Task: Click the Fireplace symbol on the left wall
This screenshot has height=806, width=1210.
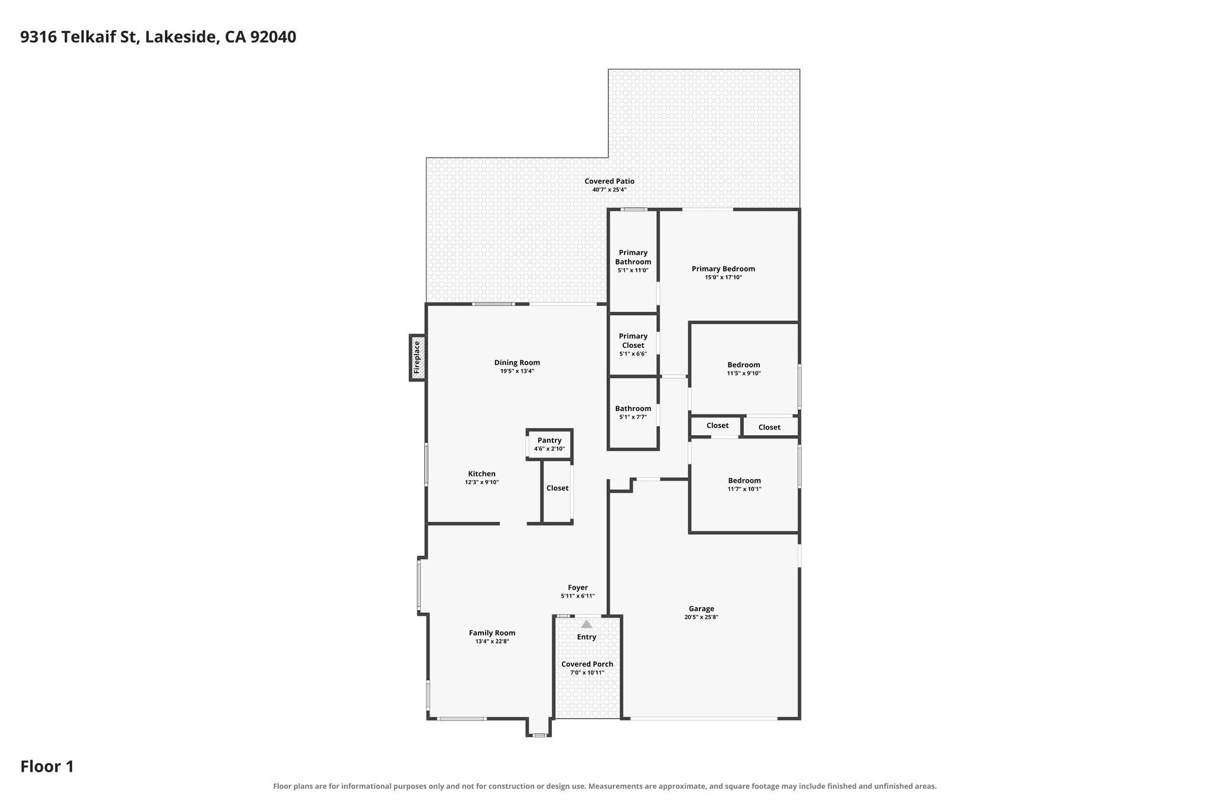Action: click(x=417, y=358)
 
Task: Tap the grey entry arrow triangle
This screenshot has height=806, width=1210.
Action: click(x=586, y=624)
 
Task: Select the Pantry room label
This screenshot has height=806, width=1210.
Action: click(x=549, y=440)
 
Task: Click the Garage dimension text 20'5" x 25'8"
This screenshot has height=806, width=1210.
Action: click(x=701, y=617)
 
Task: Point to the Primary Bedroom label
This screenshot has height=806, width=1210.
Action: click(x=723, y=269)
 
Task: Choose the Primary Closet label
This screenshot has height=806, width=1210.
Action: click(x=633, y=341)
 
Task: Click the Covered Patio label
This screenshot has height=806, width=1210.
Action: click(x=609, y=181)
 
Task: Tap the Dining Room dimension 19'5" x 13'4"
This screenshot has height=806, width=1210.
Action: click(x=517, y=371)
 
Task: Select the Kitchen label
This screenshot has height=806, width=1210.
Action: click(x=482, y=474)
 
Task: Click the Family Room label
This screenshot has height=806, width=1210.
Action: click(x=492, y=633)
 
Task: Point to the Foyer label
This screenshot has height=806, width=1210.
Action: click(x=578, y=588)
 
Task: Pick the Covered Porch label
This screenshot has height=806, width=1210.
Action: click(x=587, y=664)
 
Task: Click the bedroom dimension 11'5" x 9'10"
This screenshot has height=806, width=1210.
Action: click(x=744, y=373)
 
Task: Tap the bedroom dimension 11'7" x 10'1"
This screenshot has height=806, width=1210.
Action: click(x=744, y=489)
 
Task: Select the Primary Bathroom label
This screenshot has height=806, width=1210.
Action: click(x=633, y=257)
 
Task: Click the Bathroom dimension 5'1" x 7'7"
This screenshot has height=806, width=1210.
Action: click(x=633, y=417)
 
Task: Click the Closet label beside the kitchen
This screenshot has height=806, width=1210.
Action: click(x=557, y=488)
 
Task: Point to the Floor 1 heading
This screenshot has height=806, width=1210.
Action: click(x=47, y=767)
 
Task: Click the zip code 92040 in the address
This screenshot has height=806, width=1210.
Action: click(x=273, y=37)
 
